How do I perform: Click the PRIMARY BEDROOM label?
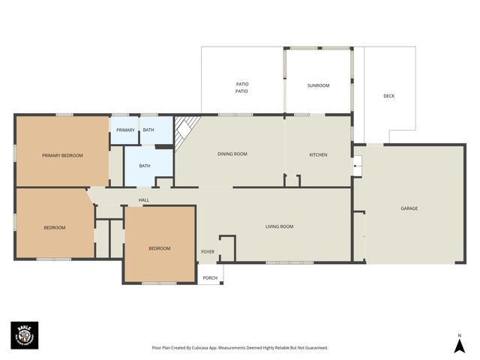click(62, 155)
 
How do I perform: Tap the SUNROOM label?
click(318, 85)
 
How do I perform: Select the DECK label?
click(388, 96)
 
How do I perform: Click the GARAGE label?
click(409, 208)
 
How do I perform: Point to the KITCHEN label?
click(318, 154)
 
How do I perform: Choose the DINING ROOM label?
click(232, 154)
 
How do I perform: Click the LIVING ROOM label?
click(279, 226)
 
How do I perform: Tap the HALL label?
click(144, 200)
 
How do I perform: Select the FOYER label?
click(208, 251)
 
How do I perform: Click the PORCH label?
click(210, 278)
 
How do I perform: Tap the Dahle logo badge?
click(24, 335)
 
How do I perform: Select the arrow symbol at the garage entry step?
click(358, 166)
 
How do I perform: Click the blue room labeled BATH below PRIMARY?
click(145, 166)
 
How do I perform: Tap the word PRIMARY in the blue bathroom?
click(125, 130)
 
